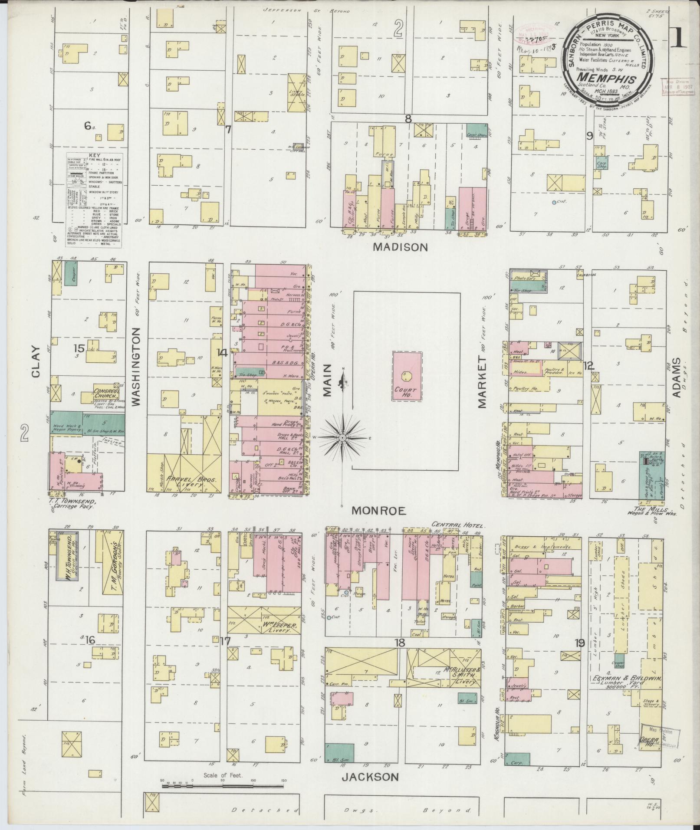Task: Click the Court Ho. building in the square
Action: pos(407,376)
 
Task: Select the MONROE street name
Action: pos(379,511)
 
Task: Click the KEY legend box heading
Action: pos(94,155)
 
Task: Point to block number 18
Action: pos(400,643)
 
